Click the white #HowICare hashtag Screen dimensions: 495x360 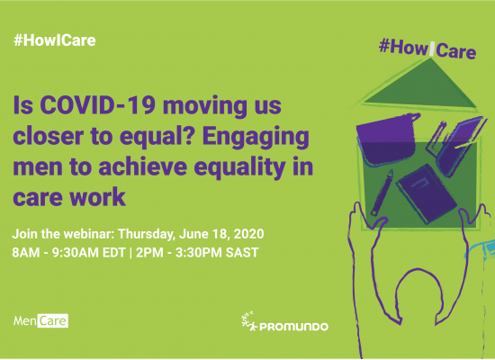pyautogui.click(x=55, y=40)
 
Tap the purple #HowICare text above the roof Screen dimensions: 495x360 pyautogui.click(x=427, y=49)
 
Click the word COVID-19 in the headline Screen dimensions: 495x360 pyautogui.click(x=98, y=105)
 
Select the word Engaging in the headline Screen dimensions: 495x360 pyautogui.click(x=256, y=137)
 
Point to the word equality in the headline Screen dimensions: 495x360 pyautogui.click(x=239, y=167)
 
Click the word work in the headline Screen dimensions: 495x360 pyautogui.click(x=97, y=197)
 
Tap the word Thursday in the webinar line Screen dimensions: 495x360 pyautogui.click(x=147, y=234)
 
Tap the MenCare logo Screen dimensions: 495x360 pyautogui.click(x=40, y=320)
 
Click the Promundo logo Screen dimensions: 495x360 pyautogui.click(x=284, y=323)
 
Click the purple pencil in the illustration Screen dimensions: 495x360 pyautogui.click(x=382, y=193)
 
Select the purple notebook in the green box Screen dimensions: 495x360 pyautogui.click(x=427, y=193)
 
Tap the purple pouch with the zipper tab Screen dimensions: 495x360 pyautogui.click(x=387, y=139)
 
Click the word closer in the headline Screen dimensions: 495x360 pyautogui.click(x=62, y=137)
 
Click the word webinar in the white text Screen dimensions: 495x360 pyautogui.click(x=89, y=234)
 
